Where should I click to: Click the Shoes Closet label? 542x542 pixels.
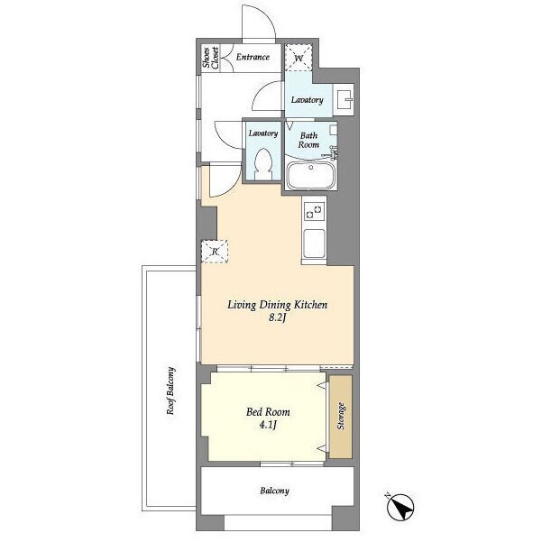point(210,58)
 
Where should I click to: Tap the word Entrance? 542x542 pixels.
point(253,57)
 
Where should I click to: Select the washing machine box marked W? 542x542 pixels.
point(299,58)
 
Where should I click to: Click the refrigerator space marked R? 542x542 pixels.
point(215,252)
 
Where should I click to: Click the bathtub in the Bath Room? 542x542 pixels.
point(311,176)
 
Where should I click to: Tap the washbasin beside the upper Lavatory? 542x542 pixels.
point(344,99)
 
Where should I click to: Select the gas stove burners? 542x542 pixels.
point(314,212)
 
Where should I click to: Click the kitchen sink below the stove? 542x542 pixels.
point(314,243)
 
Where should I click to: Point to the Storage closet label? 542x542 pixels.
point(341,416)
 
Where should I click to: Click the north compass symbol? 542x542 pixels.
point(400,508)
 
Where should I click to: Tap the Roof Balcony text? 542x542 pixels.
point(170,390)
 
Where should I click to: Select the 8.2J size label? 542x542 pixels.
point(277,318)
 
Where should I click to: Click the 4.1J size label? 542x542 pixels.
point(268,425)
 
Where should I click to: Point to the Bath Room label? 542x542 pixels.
point(308,140)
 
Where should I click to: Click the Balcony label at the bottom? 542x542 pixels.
point(274,491)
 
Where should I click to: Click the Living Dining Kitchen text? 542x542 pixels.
point(277,305)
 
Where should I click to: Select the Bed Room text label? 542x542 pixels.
point(268,412)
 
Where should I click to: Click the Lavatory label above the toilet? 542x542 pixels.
point(263,133)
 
